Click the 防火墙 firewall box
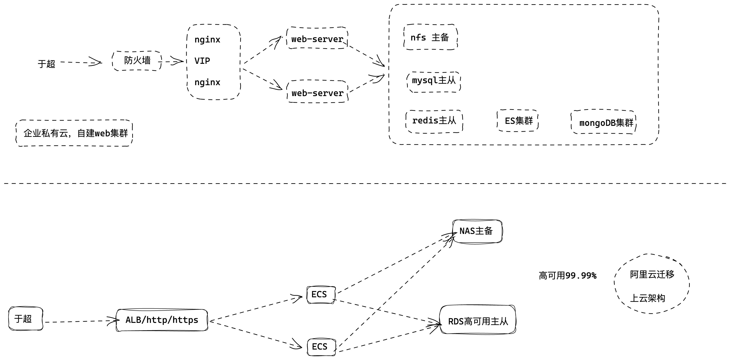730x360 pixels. [x=137, y=61]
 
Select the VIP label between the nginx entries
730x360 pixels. [x=202, y=61]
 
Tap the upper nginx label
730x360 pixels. [x=207, y=40]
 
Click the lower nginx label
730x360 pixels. [x=207, y=82]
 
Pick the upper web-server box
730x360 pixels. [x=317, y=38]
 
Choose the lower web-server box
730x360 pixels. [x=317, y=93]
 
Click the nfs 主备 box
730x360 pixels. [x=430, y=37]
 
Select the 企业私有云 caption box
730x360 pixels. [x=75, y=133]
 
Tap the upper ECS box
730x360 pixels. [x=320, y=295]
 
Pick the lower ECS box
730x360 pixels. [x=320, y=347]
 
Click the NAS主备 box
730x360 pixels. [x=477, y=231]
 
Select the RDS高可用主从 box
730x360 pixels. [x=478, y=321]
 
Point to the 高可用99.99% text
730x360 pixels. [x=567, y=276]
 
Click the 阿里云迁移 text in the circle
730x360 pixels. [x=652, y=274]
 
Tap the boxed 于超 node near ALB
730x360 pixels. [x=25, y=319]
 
